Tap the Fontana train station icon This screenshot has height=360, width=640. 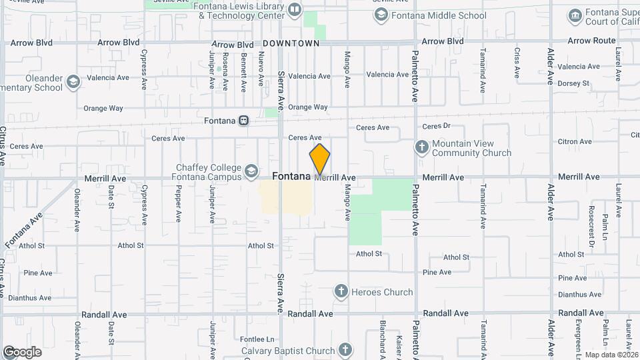244,121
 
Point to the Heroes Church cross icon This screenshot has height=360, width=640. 341,291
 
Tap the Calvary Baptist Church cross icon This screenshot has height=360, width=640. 345,349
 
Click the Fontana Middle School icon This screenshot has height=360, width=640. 381,15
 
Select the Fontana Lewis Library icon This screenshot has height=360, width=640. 295,9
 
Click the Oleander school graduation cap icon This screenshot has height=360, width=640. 73,82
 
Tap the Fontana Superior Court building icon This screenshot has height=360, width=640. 575,15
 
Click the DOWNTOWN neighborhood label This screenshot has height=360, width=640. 291,43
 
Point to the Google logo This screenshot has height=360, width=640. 22,352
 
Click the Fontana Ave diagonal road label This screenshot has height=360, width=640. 23,230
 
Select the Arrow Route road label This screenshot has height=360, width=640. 592,41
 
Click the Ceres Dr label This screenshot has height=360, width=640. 437,126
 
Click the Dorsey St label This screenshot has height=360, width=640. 574,83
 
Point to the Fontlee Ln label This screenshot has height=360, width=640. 258,339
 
